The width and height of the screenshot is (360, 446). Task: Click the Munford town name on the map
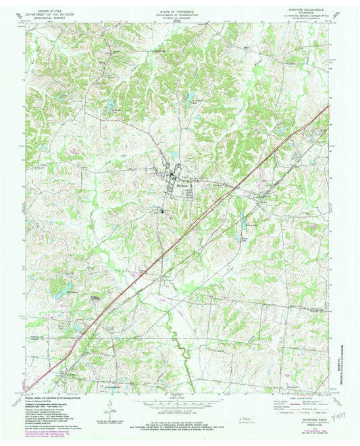point(172,178)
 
